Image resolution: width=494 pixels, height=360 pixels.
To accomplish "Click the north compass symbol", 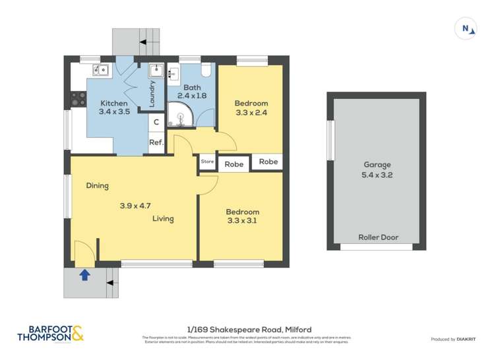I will (466, 28).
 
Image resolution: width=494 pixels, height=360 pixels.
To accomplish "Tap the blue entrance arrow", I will (84, 275).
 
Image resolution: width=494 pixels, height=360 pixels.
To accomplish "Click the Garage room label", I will (377, 165).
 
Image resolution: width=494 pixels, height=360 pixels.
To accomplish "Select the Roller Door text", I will (378, 237).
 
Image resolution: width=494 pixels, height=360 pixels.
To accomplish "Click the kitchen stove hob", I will (78, 99).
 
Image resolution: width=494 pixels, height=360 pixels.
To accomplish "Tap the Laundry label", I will (152, 94).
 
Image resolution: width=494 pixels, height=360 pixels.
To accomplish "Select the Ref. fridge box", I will (156, 142).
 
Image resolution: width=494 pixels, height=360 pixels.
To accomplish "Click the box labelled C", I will (156, 122).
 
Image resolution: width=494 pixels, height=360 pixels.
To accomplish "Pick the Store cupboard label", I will (207, 161).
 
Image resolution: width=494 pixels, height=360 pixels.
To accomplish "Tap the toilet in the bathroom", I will (204, 70).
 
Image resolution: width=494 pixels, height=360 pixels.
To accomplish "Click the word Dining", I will (97, 186).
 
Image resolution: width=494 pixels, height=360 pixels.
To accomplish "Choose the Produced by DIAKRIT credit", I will (453, 339).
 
